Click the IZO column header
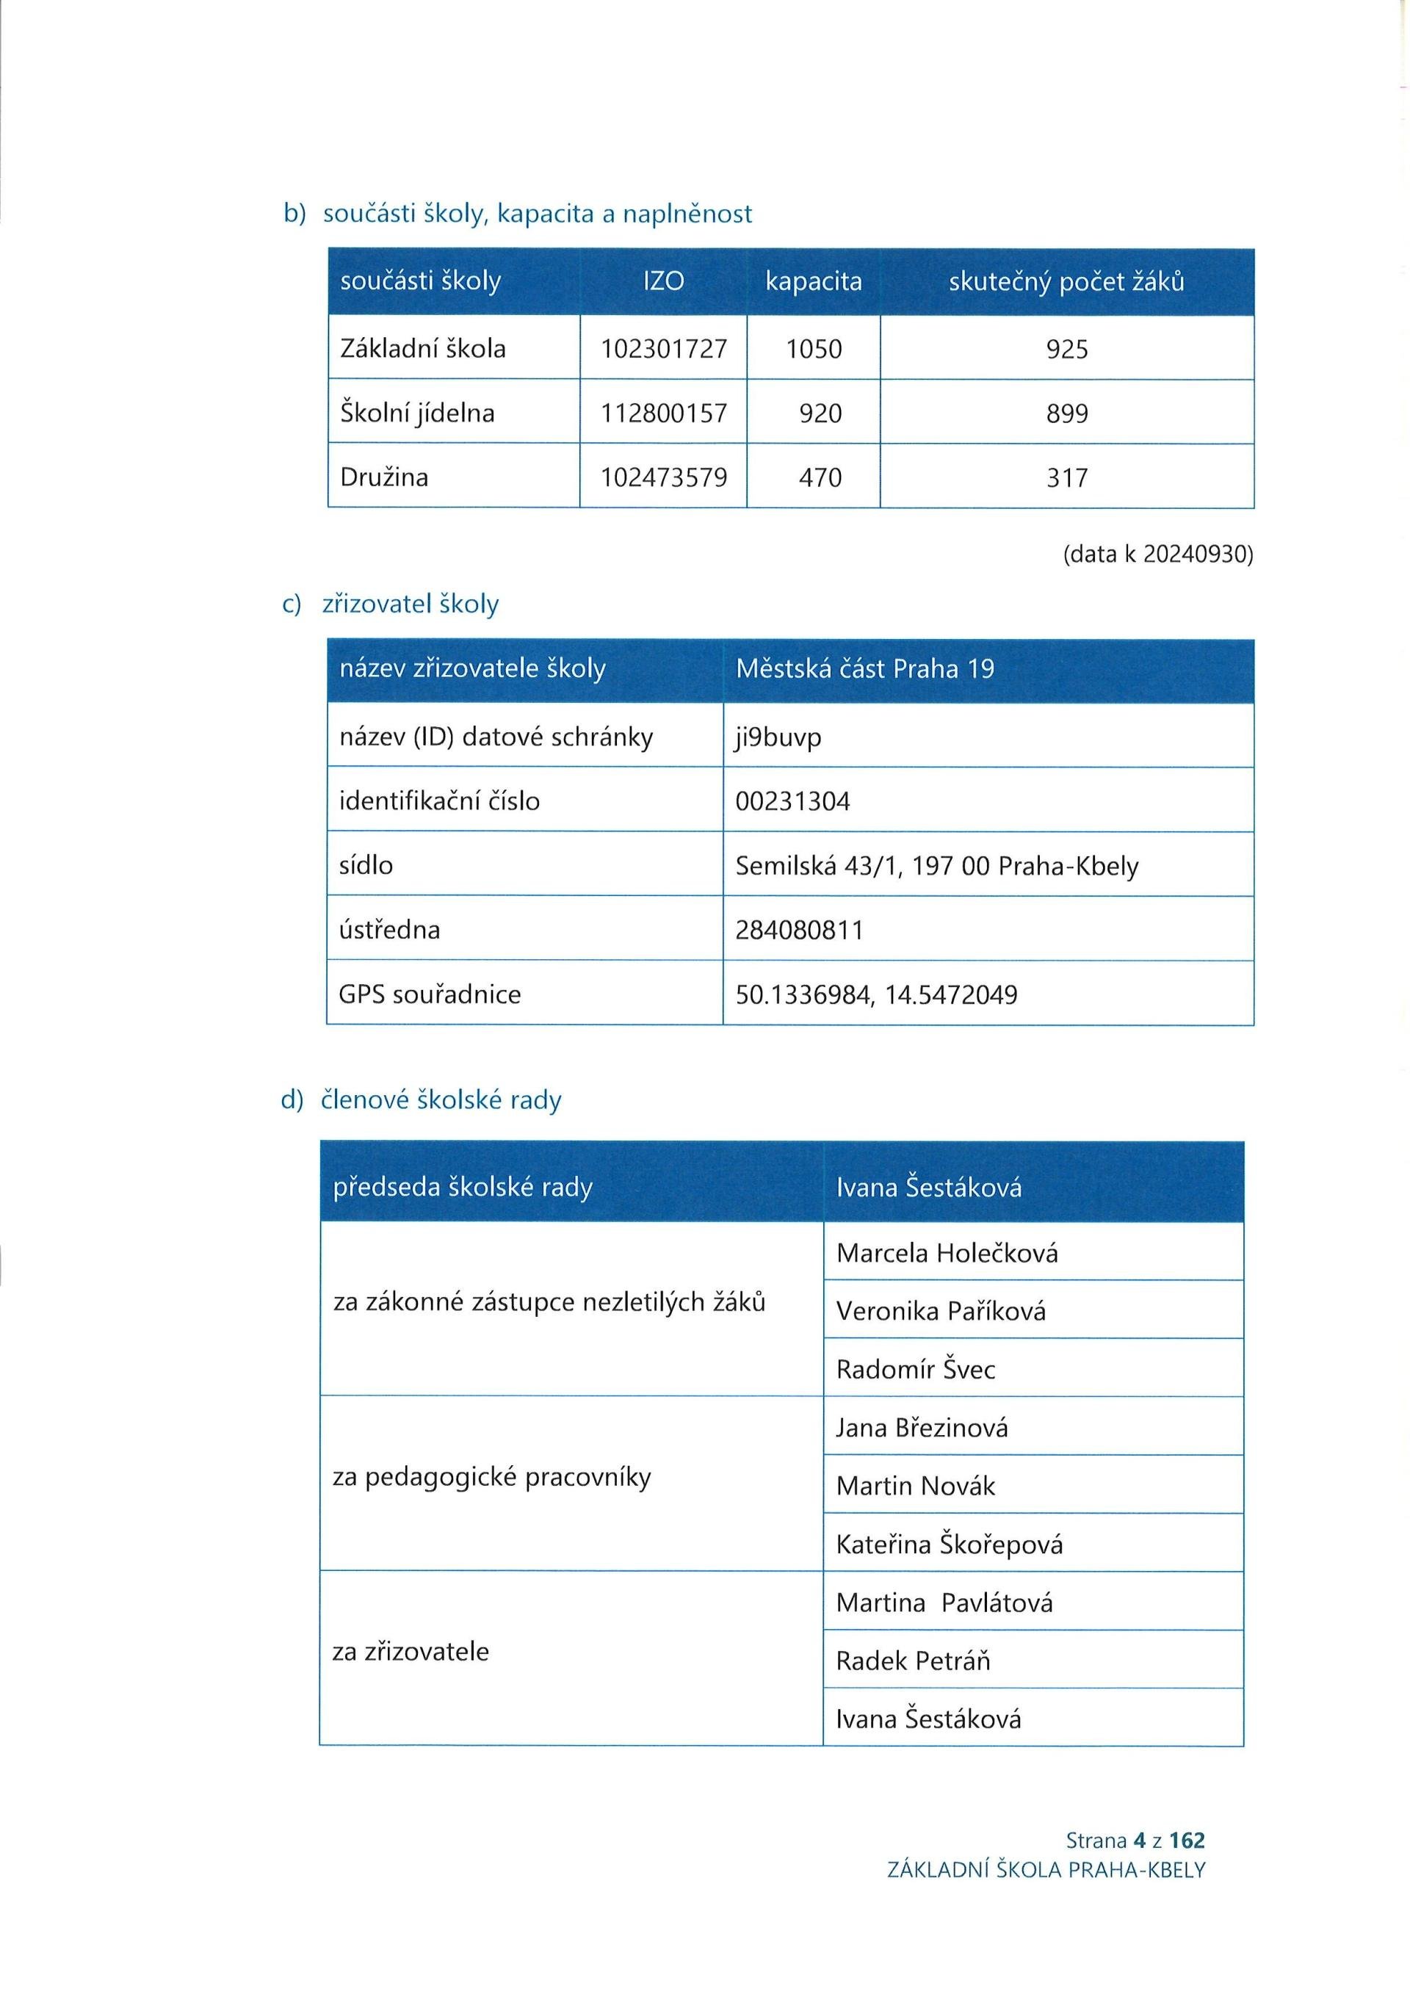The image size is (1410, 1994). (x=663, y=281)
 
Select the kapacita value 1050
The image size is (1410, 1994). (x=814, y=349)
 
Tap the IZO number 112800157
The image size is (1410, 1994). (x=663, y=413)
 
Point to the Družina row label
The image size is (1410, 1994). (x=384, y=477)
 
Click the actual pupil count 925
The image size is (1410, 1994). (x=1067, y=349)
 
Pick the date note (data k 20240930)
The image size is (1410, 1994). (x=1158, y=554)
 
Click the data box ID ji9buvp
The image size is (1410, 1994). (x=778, y=737)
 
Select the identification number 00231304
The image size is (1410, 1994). (x=792, y=801)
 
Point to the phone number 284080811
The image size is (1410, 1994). (x=800, y=930)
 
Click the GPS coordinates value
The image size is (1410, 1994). (x=876, y=994)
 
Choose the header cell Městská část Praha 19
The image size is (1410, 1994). (x=865, y=669)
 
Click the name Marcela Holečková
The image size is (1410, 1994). (x=947, y=1253)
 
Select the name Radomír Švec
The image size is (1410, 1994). (x=916, y=1370)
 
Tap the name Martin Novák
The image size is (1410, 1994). (x=916, y=1486)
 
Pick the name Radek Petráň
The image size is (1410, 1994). (x=913, y=1661)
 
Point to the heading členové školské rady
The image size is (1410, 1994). (x=441, y=1100)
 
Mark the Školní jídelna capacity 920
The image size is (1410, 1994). (x=820, y=413)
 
